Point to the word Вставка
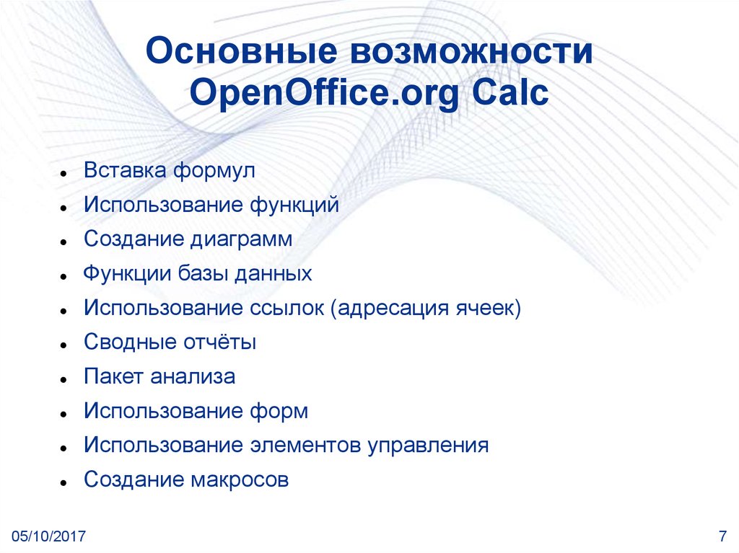[x=125, y=172]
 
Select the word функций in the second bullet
[x=294, y=205]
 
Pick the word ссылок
[x=287, y=308]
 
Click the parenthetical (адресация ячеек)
[x=426, y=308]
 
